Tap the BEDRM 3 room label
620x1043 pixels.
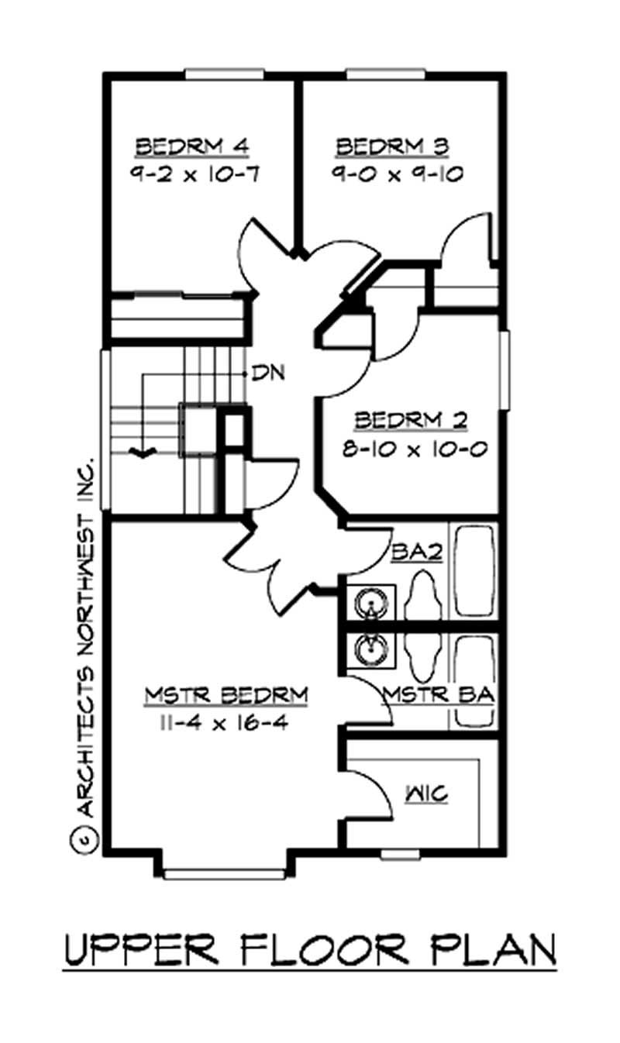coord(394,146)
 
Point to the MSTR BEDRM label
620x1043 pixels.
coord(226,695)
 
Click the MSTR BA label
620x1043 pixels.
coord(438,695)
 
